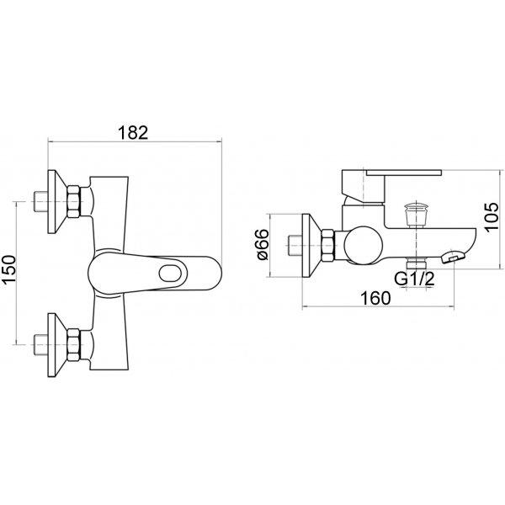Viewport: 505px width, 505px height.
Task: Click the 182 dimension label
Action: coord(133,132)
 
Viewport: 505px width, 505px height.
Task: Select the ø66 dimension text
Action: coord(263,244)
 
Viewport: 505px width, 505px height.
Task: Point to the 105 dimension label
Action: coord(492,216)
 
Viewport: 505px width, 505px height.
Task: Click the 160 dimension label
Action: coord(375,298)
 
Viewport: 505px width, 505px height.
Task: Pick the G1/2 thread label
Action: coord(414,279)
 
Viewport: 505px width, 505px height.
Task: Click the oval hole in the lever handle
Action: coord(173,274)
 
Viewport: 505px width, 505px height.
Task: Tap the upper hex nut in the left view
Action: coord(73,201)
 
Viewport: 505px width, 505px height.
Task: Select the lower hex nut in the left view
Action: coord(73,344)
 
